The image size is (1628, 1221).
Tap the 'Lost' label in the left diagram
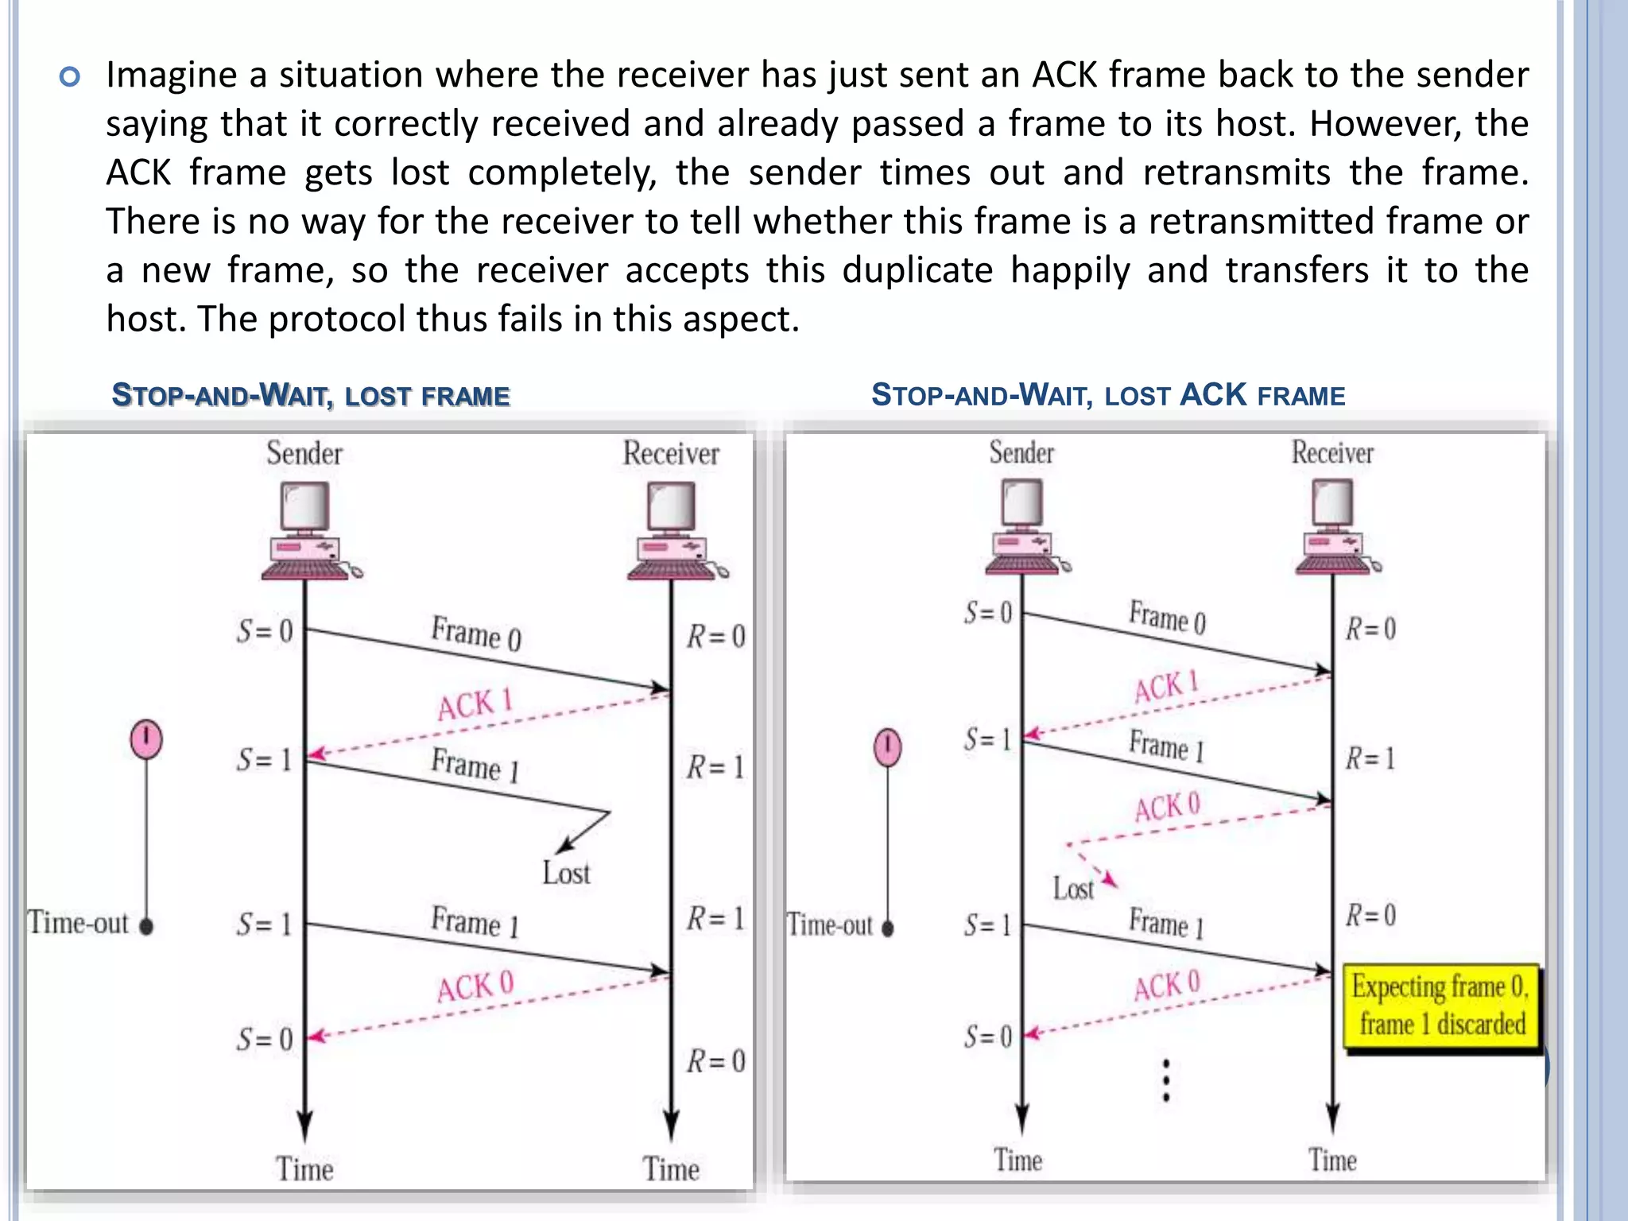pyautogui.click(x=566, y=873)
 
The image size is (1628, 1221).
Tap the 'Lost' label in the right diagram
pyautogui.click(x=1073, y=888)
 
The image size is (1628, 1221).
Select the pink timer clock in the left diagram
pyautogui.click(x=146, y=738)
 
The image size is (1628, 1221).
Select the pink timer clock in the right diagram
pyautogui.click(x=887, y=747)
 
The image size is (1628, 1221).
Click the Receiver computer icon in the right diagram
pyautogui.click(x=1334, y=526)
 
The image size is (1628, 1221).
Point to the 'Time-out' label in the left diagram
pyautogui.click(x=78, y=923)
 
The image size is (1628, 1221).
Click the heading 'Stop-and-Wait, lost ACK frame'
pyautogui.click(x=1107, y=395)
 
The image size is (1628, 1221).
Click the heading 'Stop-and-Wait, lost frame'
pyautogui.click(x=310, y=395)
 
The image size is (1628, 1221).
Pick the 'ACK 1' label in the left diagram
pyautogui.click(x=475, y=704)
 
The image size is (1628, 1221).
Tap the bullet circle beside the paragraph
pyautogui.click(x=70, y=77)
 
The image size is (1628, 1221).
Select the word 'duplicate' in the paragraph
pyautogui.click(x=917, y=270)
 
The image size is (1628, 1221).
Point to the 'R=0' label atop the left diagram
pyautogui.click(x=715, y=636)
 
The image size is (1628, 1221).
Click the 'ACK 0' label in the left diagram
pyautogui.click(x=475, y=986)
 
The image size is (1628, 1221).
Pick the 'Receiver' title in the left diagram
pyautogui.click(x=670, y=453)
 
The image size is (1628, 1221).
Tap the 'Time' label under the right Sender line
pyautogui.click(x=1017, y=1160)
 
